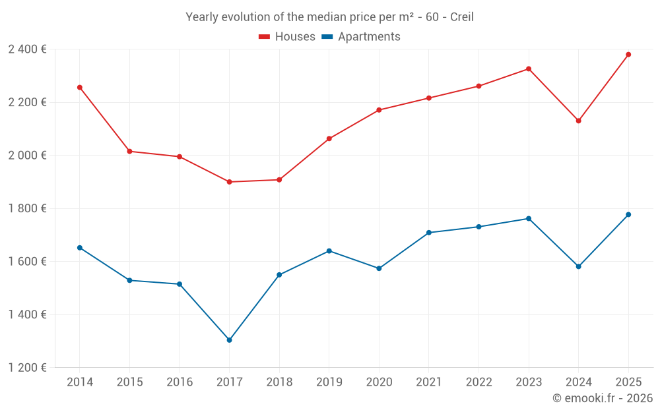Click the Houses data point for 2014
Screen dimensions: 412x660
[x=79, y=87]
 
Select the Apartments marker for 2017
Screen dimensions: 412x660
[x=229, y=340]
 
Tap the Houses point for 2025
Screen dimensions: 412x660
[x=628, y=55]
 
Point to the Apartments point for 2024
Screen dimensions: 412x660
[x=578, y=266]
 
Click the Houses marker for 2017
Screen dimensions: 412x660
[x=229, y=182]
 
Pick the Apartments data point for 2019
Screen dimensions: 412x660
[x=329, y=250]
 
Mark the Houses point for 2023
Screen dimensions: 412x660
[x=529, y=69]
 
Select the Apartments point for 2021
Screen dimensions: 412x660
[x=428, y=233]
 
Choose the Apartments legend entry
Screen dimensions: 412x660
[x=361, y=37]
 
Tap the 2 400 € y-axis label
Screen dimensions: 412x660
[x=27, y=49]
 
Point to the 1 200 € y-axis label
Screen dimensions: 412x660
[x=27, y=368]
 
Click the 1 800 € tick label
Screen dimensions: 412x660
[x=27, y=208]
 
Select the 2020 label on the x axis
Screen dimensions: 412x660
[x=379, y=382]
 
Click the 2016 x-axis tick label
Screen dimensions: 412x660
[x=180, y=382]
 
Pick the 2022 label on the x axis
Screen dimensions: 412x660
[x=478, y=382]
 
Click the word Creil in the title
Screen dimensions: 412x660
[x=461, y=17]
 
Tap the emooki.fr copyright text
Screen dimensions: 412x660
[x=602, y=398]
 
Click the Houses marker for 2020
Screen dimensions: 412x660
[x=379, y=110]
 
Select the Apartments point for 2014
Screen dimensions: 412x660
[x=79, y=248]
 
